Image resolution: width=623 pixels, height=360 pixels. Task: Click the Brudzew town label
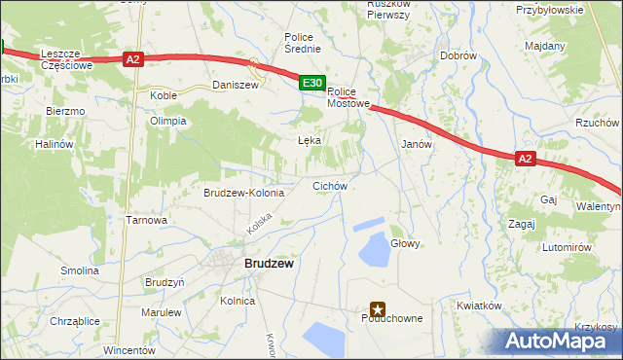click(270, 264)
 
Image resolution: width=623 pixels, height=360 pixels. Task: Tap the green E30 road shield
click(311, 85)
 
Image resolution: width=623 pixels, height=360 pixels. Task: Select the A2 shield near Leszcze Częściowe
click(134, 60)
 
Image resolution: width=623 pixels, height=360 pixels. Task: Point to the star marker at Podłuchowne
click(378, 307)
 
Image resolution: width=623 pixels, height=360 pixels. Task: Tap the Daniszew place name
click(236, 86)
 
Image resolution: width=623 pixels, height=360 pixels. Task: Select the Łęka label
click(309, 140)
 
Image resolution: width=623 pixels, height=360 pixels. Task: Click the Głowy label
click(405, 243)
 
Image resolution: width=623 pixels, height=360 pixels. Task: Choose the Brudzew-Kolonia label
click(243, 193)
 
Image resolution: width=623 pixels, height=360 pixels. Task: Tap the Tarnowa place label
click(147, 220)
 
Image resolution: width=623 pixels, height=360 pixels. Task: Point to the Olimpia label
click(167, 122)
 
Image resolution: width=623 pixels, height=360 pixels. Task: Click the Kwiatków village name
click(478, 306)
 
